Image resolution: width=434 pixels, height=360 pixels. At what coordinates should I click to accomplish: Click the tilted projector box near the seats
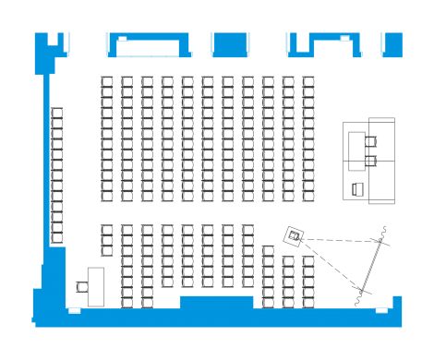pos(295,236)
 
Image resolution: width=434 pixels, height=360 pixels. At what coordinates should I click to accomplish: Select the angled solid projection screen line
pos(369,267)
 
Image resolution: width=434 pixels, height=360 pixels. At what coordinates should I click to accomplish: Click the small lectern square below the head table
pos(357,189)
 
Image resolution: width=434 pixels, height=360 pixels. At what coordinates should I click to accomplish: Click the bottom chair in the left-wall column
pos(57,237)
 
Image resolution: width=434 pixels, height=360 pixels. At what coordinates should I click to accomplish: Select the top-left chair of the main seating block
pos(106,82)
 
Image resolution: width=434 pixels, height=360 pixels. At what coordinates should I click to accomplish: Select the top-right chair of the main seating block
pos(308,82)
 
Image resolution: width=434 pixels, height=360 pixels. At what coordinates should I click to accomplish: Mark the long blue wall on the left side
pos(42,175)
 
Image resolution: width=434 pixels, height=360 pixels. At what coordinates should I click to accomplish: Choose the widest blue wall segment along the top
pos(147,43)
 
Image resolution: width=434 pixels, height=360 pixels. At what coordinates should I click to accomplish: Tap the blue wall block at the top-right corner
pos(392,43)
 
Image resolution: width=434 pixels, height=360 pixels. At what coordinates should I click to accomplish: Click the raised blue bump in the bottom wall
pos(216,302)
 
